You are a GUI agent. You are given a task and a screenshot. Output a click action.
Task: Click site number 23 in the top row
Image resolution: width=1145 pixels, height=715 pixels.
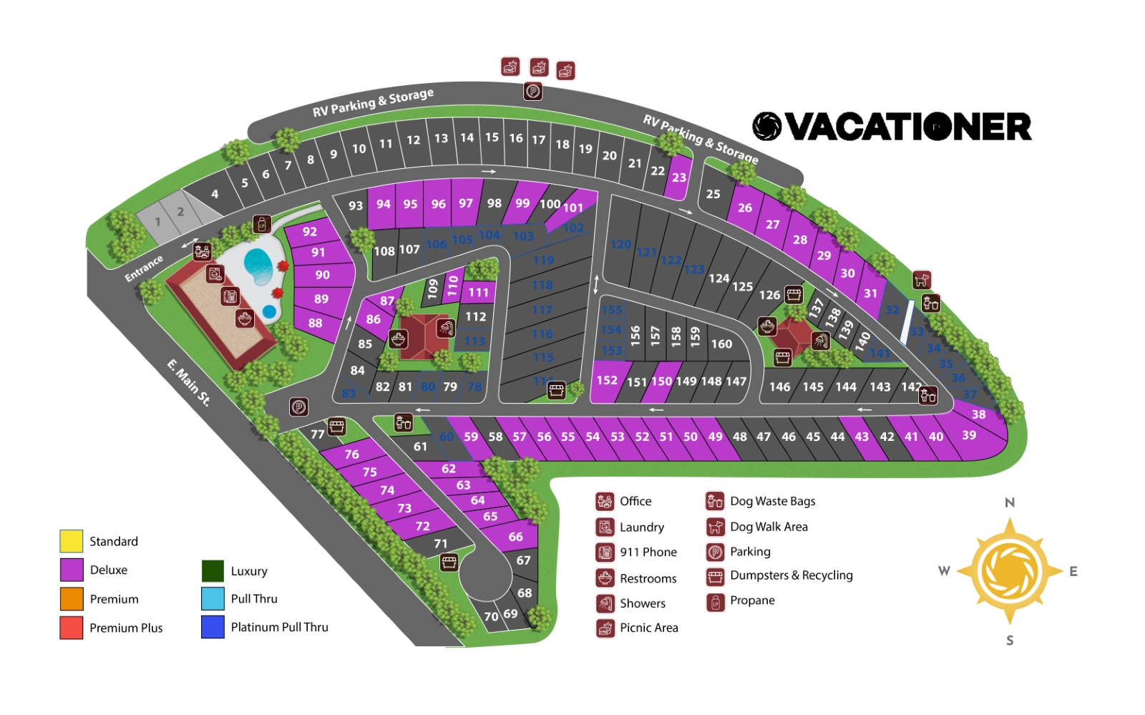point(678,177)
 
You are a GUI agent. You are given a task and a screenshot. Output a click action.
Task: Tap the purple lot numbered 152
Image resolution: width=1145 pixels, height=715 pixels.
point(607,381)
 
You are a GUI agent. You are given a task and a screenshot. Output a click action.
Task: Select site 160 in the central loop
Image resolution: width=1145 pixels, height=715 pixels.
point(721,344)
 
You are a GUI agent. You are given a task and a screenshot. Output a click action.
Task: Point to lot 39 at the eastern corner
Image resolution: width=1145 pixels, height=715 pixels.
point(969,435)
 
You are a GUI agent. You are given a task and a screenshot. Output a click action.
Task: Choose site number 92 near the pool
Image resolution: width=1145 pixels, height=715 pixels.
point(309,232)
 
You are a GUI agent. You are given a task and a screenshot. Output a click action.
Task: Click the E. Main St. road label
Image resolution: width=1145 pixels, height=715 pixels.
point(189,383)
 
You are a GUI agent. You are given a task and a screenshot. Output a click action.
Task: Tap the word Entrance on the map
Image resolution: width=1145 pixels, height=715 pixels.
point(144,268)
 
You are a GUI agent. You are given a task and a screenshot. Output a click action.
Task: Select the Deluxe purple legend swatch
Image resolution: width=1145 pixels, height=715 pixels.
point(72,570)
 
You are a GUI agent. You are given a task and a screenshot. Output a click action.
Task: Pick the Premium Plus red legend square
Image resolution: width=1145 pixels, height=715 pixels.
point(72,628)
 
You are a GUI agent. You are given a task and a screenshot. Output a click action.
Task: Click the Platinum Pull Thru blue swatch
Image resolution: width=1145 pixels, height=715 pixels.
point(213,627)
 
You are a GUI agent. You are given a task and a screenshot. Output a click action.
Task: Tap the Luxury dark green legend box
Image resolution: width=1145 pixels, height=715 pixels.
point(213,571)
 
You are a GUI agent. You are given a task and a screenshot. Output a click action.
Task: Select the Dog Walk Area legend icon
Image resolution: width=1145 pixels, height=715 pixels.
point(715,527)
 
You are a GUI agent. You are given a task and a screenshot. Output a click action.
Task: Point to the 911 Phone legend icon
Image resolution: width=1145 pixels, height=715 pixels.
point(605,553)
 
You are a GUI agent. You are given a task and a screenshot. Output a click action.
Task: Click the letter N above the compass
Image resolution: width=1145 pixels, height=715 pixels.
point(1010,502)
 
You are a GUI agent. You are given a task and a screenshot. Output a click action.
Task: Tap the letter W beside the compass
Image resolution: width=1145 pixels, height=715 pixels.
point(944,571)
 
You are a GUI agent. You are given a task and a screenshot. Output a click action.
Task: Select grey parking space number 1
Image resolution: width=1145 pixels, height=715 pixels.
point(158,222)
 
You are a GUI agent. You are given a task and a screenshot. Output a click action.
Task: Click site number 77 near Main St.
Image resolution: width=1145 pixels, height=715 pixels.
point(318,434)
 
